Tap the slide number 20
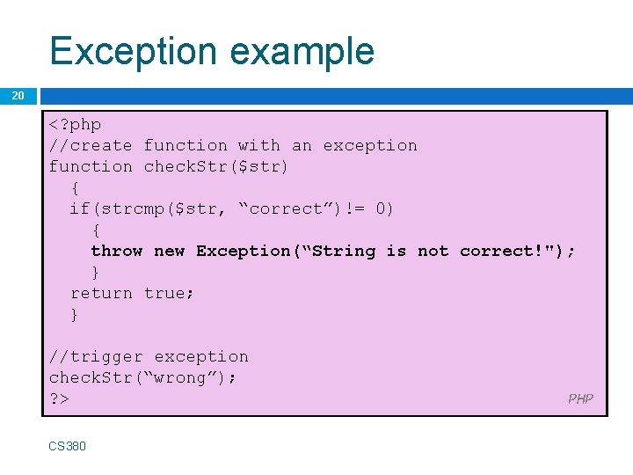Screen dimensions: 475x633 [18, 95]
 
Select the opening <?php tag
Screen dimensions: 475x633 [76, 125]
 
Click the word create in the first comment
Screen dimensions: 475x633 [101, 146]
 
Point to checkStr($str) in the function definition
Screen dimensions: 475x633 [216, 167]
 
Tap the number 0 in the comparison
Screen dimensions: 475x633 [379, 209]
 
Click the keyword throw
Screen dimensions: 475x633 [117, 252]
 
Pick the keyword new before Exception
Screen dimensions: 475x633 [169, 252]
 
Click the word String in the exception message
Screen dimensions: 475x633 [343, 252]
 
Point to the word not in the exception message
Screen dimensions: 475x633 [433, 252]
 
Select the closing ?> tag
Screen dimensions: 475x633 [60, 399]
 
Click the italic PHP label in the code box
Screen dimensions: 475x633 [580, 399]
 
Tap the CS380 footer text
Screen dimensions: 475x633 [68, 446]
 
